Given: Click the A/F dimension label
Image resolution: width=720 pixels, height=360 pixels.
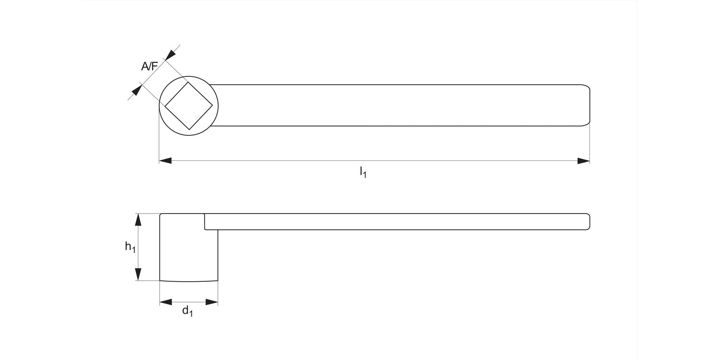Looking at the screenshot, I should click(149, 66).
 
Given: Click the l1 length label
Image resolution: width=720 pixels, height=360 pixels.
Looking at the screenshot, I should click(363, 172).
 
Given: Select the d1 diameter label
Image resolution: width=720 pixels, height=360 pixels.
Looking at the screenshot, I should click(187, 312).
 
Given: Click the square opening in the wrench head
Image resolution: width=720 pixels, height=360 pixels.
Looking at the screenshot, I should click(189, 106).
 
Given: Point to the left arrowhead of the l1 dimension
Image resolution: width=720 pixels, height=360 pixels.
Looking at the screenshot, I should click(165, 161).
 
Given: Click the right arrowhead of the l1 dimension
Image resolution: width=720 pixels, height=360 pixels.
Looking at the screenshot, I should click(583, 161).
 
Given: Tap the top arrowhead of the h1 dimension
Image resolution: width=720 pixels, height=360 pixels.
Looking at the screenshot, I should click(138, 219).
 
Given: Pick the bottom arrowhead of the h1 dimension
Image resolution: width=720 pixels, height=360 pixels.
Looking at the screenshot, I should click(138, 275).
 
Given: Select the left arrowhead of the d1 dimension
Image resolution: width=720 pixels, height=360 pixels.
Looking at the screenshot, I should click(166, 302).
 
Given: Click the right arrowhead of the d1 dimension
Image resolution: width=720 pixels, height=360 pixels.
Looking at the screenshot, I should click(212, 302).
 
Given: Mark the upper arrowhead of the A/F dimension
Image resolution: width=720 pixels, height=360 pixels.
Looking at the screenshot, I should click(170, 54).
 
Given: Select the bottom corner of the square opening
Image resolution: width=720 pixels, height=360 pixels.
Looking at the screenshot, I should click(189, 129).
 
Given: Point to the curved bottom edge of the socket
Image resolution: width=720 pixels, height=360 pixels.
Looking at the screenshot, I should click(189, 281).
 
